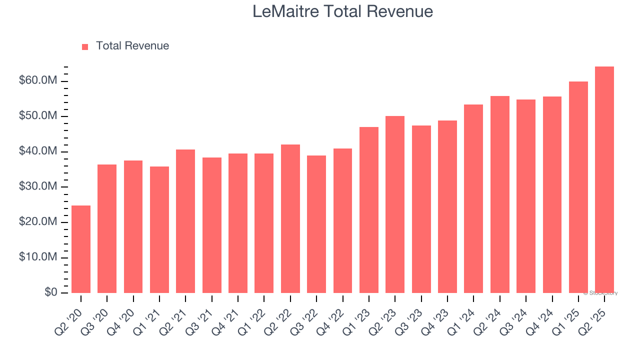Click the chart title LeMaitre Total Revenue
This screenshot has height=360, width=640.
click(342, 11)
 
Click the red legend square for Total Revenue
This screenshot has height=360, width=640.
click(85, 46)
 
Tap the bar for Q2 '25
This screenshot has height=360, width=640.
click(604, 179)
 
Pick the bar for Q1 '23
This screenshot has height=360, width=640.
click(369, 210)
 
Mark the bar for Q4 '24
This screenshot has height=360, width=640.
click(552, 194)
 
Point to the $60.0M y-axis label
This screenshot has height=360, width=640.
click(38, 81)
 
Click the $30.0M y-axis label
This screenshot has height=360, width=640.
click(38, 187)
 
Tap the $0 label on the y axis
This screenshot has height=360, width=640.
click(50, 292)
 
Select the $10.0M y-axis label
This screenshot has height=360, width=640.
click(38, 257)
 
